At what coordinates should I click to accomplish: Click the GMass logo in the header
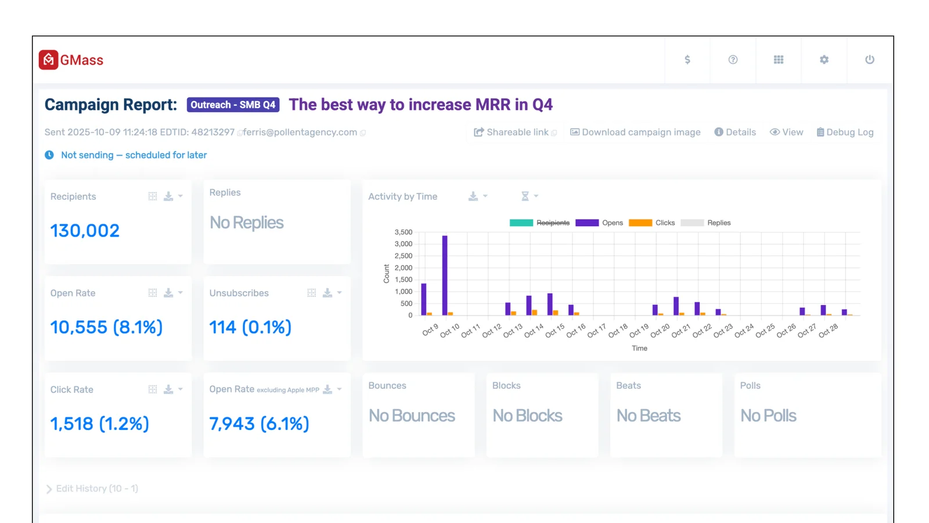tap(71, 60)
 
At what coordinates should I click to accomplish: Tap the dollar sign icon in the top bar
tap(687, 60)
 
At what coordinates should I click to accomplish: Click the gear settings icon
tap(824, 60)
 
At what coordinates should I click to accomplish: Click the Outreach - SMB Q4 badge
tap(233, 105)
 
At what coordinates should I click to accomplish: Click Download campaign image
tap(635, 132)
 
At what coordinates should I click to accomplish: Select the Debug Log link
tap(845, 132)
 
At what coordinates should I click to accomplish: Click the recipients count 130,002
tap(85, 231)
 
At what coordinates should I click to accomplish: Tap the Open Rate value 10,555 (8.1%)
tap(107, 327)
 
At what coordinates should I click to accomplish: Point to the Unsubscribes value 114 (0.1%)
tap(250, 327)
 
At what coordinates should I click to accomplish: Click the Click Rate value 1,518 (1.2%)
tap(99, 424)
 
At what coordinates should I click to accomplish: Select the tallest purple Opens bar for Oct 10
tap(445, 275)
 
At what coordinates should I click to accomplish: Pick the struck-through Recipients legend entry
tap(539, 223)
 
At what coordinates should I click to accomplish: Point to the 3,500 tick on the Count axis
tap(404, 232)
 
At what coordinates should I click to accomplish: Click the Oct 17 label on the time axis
tap(597, 331)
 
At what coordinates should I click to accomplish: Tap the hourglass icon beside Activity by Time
tap(525, 196)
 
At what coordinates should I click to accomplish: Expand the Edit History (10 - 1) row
tap(92, 489)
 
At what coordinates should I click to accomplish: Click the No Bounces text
tap(412, 416)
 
